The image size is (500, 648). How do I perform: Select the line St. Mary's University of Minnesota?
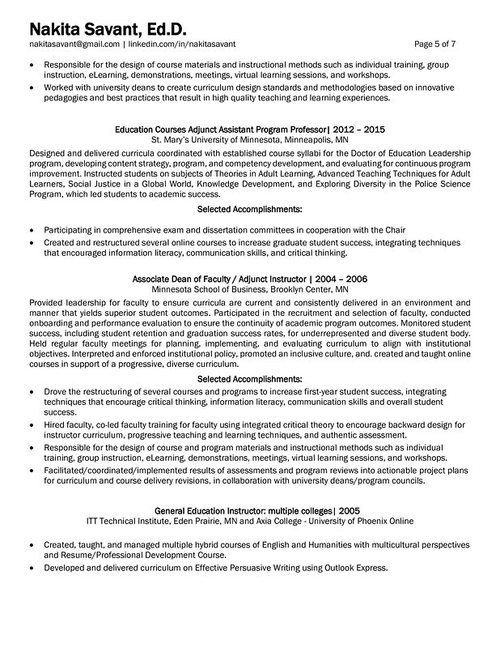tap(251, 139)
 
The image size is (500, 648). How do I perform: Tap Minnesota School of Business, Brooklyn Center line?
tap(251, 289)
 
